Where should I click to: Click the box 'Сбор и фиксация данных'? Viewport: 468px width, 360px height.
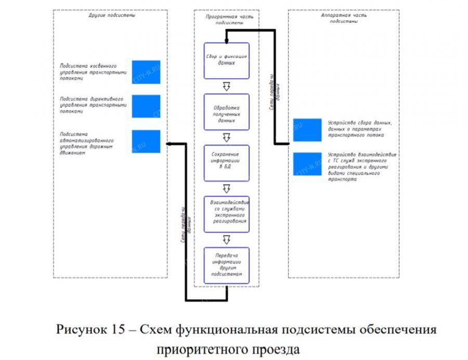coord(226,60)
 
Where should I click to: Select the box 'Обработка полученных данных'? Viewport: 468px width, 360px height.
coord(226,112)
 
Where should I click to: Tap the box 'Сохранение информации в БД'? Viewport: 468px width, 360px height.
coord(226,163)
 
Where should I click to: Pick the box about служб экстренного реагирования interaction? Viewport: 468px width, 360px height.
coord(226,213)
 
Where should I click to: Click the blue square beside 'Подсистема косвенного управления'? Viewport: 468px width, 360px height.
coord(146,72)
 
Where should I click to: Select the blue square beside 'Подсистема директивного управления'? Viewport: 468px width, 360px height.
coord(146,106)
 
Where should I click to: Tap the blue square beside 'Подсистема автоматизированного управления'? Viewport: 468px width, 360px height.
coord(146,141)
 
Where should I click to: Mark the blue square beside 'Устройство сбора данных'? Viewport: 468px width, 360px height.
coord(307,130)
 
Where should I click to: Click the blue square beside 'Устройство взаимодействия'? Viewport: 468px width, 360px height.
coord(307,164)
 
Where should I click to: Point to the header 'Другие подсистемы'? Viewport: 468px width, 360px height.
coord(112,16)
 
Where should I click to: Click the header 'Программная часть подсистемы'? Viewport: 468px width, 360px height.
coord(227,20)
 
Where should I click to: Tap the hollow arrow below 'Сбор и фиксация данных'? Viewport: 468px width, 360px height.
coord(226,86)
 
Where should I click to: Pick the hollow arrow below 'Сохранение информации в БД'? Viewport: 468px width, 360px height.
coord(226,188)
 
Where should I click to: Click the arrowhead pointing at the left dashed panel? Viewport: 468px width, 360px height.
coord(168,144)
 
